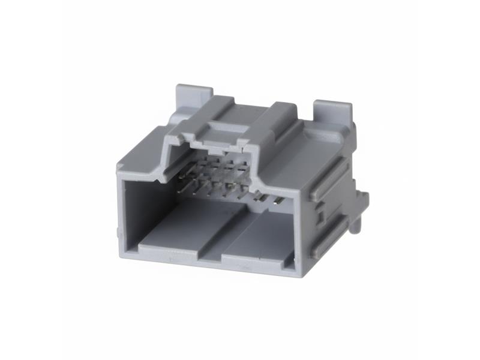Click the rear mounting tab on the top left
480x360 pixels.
point(193,96)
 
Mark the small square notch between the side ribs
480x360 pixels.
point(320,210)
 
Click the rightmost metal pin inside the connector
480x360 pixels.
point(278,200)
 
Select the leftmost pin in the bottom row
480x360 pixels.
point(193,191)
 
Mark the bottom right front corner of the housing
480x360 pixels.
point(294,273)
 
